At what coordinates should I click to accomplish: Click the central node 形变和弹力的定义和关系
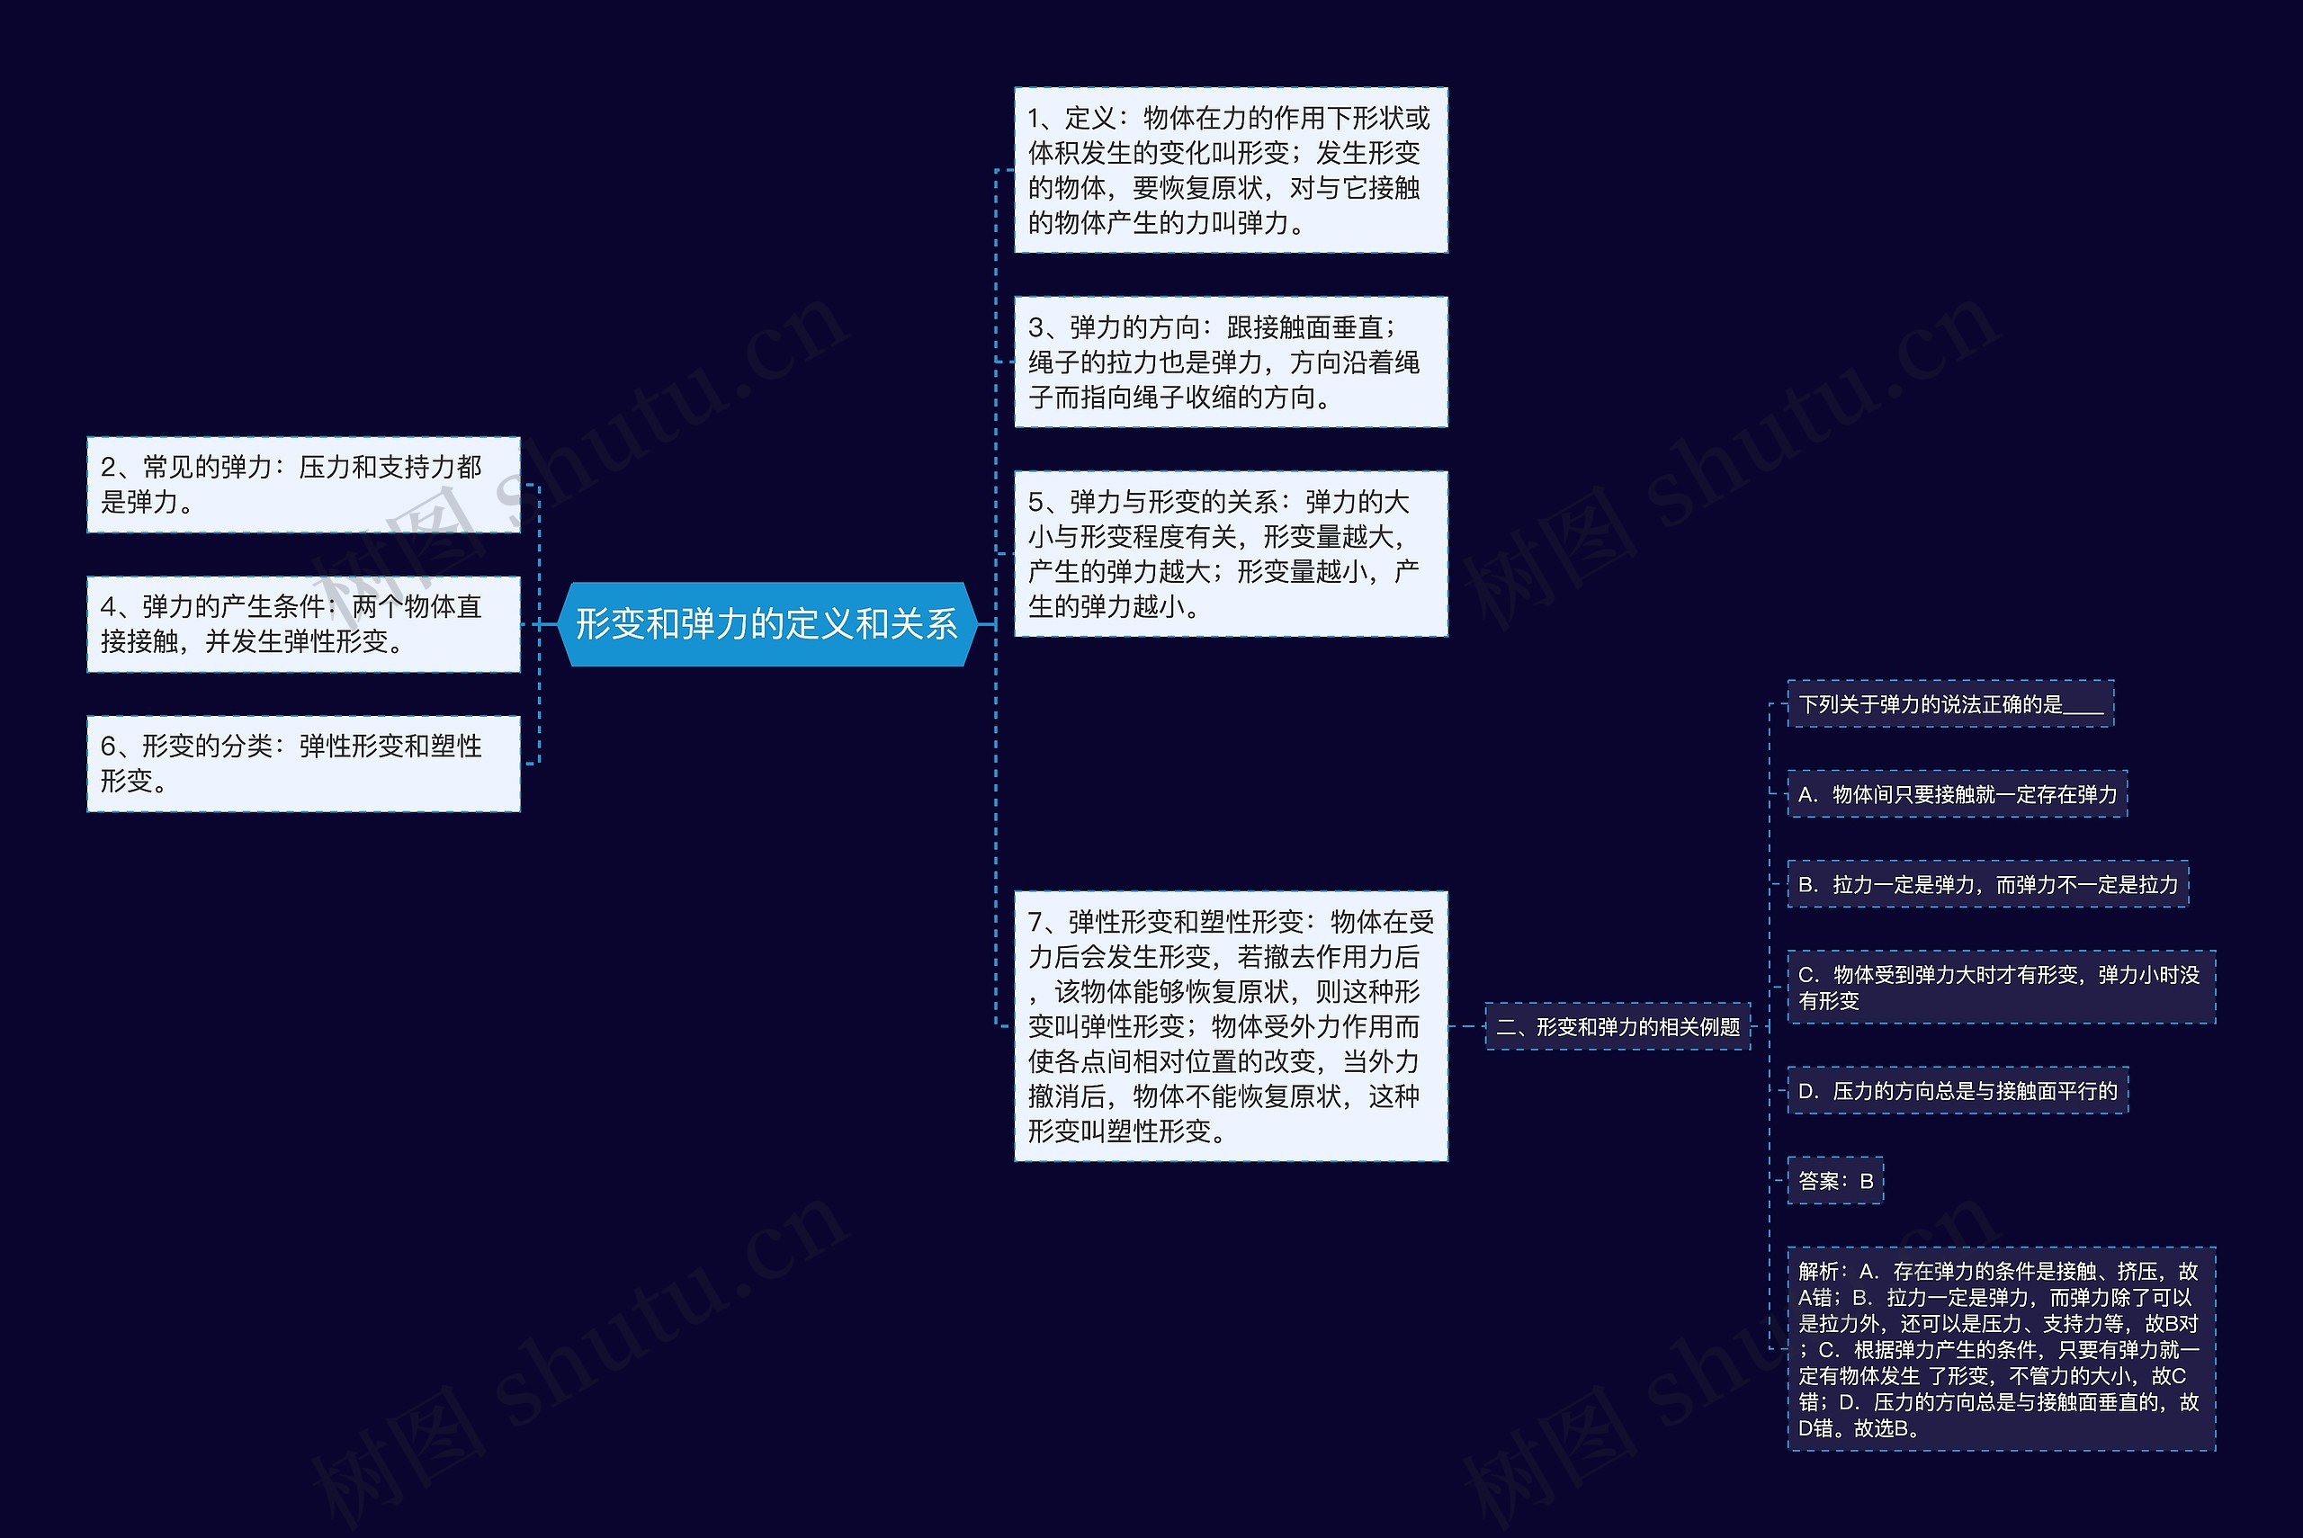[766, 624]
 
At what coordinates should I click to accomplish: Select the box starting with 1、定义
[1230, 170]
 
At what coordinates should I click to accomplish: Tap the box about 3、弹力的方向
[1230, 362]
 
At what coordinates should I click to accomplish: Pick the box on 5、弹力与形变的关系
[1230, 554]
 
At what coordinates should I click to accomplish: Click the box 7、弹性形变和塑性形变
[1230, 1026]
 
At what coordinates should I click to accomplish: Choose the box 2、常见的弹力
[303, 485]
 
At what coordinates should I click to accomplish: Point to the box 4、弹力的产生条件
[303, 624]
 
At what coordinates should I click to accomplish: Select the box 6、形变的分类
[303, 763]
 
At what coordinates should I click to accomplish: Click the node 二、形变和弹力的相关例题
[1617, 1027]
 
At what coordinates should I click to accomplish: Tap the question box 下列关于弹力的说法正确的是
[1949, 704]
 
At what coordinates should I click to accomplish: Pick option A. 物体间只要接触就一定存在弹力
[1957, 794]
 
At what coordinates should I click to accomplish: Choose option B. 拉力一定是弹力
[1987, 885]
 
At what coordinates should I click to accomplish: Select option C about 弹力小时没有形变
[2000, 987]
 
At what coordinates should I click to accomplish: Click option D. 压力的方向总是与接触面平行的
[1957, 1091]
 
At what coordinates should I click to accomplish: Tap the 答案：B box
[1835, 1181]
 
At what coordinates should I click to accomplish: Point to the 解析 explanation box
[2000, 1349]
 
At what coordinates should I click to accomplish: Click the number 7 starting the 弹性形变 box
[1035, 922]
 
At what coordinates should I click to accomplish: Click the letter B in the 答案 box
[1867, 1181]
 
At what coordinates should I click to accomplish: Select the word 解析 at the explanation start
[1817, 1271]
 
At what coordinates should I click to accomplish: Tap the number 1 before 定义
[1035, 119]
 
